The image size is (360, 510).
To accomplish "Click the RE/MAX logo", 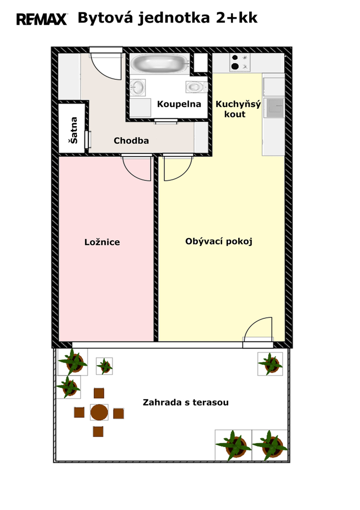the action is tap(42, 19).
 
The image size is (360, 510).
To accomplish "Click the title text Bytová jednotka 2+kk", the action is tap(167, 18).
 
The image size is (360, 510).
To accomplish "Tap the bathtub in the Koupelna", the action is tap(160, 63).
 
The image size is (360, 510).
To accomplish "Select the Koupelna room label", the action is tap(179, 104).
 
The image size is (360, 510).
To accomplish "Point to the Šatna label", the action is tap(74, 130).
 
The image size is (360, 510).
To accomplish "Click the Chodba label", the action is tap(131, 141).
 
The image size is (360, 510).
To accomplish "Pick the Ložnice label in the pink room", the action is tap(102, 242).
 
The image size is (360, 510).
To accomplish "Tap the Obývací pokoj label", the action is tap(218, 241).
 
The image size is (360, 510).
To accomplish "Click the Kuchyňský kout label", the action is tap(238, 109).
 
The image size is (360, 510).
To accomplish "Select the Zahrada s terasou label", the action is tap(186, 402).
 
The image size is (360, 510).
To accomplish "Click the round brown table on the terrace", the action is tap(99, 412).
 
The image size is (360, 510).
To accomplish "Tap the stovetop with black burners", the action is tap(240, 62).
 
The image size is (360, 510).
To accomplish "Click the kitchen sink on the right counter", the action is tap(275, 108).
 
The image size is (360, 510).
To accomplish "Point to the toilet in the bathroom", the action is tap(196, 87).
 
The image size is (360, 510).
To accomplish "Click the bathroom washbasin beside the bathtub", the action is tap(138, 87).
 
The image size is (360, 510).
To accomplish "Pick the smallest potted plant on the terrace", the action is tap(105, 366).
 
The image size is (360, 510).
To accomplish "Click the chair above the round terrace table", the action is tap(99, 393).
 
